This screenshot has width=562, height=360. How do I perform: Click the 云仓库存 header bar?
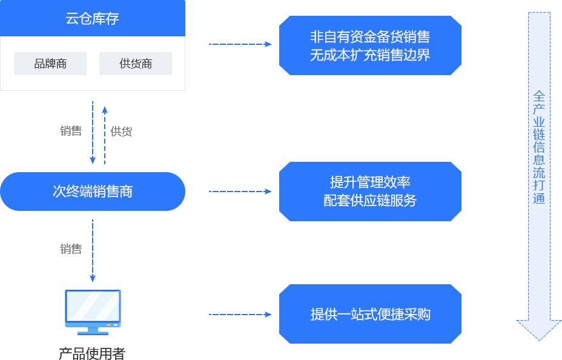point(92,18)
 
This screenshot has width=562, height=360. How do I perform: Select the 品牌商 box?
point(50,64)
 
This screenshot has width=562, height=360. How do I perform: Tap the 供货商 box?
point(136,64)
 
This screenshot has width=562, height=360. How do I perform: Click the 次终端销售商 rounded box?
point(93,192)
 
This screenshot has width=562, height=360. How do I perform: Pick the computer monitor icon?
point(93,311)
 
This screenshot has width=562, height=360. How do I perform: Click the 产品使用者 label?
point(92,353)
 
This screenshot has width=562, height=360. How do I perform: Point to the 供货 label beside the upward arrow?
point(121,132)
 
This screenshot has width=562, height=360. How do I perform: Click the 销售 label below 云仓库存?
point(71,131)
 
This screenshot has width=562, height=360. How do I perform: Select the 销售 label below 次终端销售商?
point(71,248)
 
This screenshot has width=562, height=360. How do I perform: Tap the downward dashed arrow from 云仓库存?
point(93,133)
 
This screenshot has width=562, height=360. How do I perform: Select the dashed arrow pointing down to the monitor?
point(93,251)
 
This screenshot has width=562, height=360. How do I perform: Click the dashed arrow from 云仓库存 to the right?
point(240,44)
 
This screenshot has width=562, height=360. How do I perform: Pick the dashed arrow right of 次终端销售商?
point(240,192)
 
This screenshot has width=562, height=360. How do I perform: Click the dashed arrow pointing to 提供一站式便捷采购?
point(240,315)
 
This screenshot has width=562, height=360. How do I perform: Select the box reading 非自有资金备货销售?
point(370,45)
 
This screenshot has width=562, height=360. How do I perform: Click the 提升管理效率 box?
point(370,192)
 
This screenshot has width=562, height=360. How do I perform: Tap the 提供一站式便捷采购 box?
point(370,314)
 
